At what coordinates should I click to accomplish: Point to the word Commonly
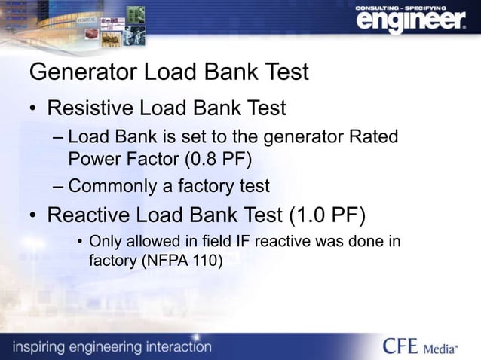pyautogui.click(x=115, y=185)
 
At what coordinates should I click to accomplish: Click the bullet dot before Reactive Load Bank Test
pyautogui.click(x=33, y=216)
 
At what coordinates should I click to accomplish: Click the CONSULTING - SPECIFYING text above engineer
pyautogui.click(x=405, y=6)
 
